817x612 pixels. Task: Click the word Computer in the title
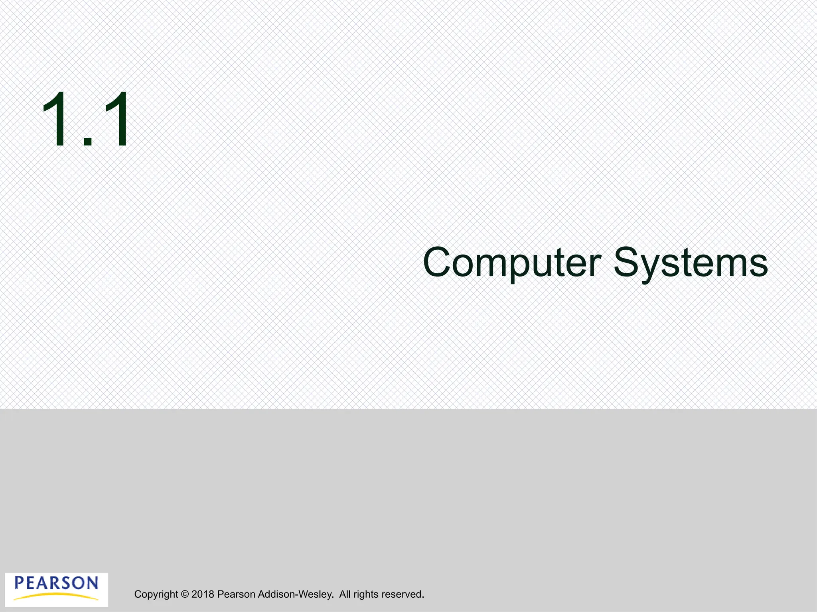(512, 263)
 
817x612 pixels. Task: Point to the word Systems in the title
(691, 263)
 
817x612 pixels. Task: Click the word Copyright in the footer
(156, 594)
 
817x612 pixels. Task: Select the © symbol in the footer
(185, 594)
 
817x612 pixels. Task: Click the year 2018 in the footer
(203, 594)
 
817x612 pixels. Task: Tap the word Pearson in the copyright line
(236, 594)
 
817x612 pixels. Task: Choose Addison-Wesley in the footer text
(296, 594)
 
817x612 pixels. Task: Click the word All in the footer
(345, 594)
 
